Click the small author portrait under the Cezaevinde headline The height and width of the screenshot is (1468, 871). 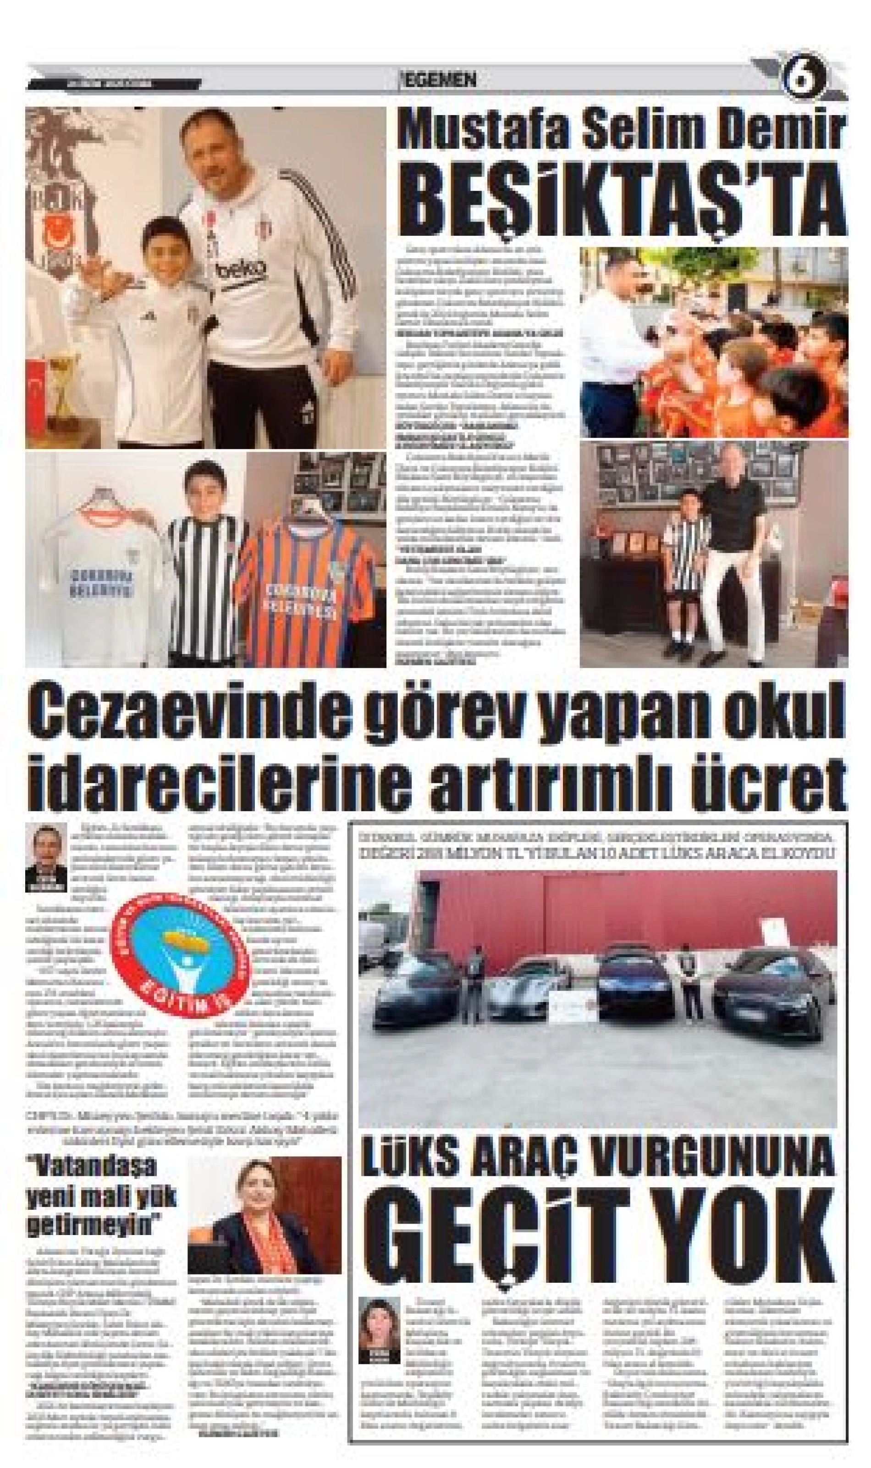coord(46,855)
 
